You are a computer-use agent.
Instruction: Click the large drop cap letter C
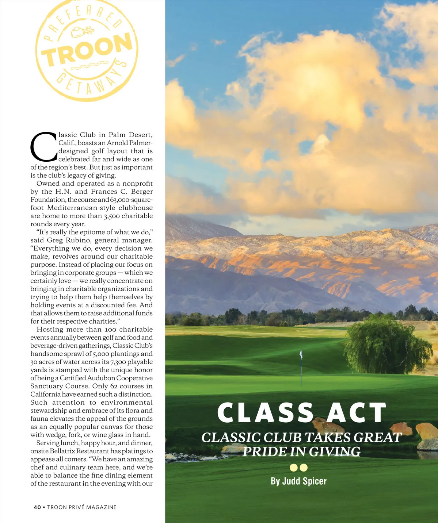click(x=43, y=147)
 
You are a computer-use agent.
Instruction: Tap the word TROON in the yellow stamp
click(x=87, y=51)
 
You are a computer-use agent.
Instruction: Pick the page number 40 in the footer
click(x=37, y=507)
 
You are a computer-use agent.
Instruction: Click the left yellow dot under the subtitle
click(x=294, y=468)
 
